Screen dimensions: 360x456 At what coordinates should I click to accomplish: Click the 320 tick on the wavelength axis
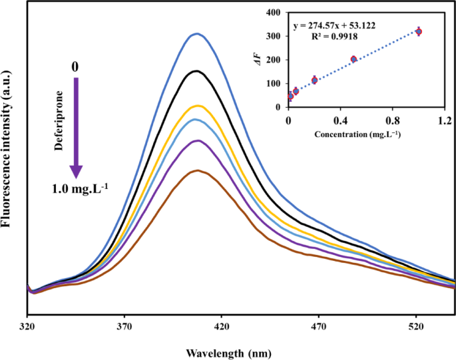27,327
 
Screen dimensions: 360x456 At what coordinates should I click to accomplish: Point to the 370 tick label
124,327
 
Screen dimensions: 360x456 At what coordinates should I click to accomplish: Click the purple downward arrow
77,127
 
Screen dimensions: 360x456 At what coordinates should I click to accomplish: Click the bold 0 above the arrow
76,67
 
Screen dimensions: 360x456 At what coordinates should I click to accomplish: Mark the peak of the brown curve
197,170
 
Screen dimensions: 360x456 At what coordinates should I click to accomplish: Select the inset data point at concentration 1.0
419,31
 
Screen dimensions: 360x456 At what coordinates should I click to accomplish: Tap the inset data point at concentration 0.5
353,59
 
